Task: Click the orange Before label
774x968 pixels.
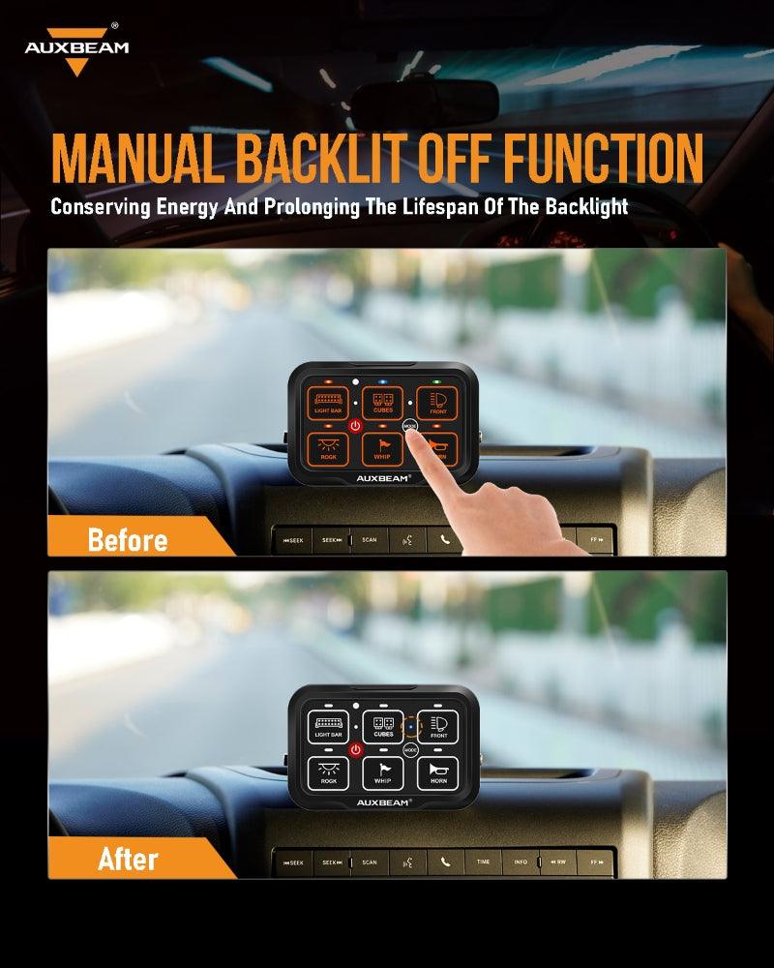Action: pyautogui.click(x=127, y=539)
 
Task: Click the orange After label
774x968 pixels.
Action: pyautogui.click(x=127, y=859)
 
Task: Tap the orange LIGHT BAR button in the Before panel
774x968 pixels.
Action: pyautogui.click(x=328, y=403)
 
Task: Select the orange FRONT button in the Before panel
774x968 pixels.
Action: pyautogui.click(x=437, y=403)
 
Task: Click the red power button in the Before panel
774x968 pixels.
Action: pyautogui.click(x=356, y=426)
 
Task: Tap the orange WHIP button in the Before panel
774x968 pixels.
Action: pyautogui.click(x=382, y=447)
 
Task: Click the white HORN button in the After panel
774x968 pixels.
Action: pyautogui.click(x=438, y=773)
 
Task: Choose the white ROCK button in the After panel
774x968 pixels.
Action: pyautogui.click(x=328, y=773)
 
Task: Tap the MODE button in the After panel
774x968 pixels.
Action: pyautogui.click(x=410, y=750)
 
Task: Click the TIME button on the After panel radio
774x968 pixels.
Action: pyautogui.click(x=482, y=861)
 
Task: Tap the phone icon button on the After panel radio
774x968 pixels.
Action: pyautogui.click(x=445, y=861)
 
